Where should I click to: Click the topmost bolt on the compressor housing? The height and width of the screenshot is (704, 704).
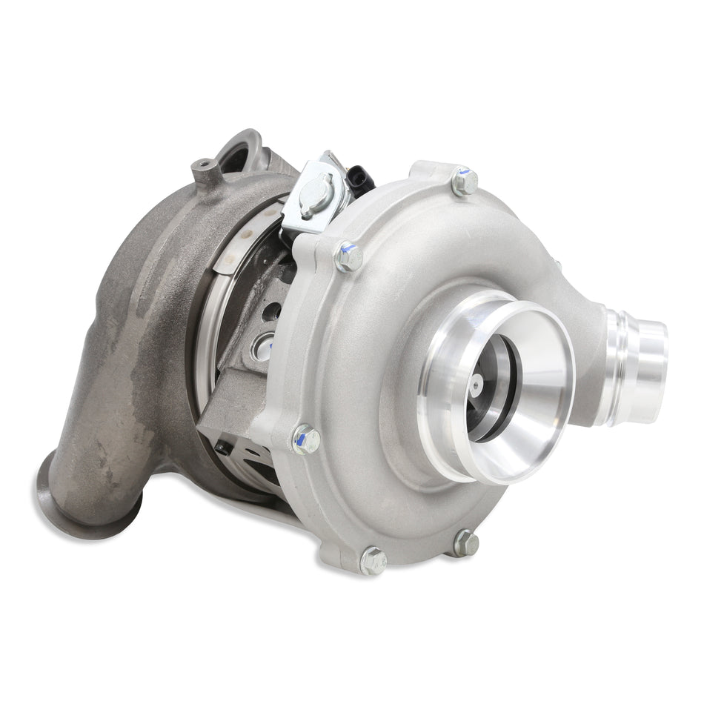[x=465, y=182]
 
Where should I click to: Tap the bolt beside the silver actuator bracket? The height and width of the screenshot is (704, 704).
[x=348, y=257]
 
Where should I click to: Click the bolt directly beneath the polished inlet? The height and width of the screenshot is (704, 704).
[x=465, y=543]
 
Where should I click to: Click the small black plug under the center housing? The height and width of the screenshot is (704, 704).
[x=221, y=447]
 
